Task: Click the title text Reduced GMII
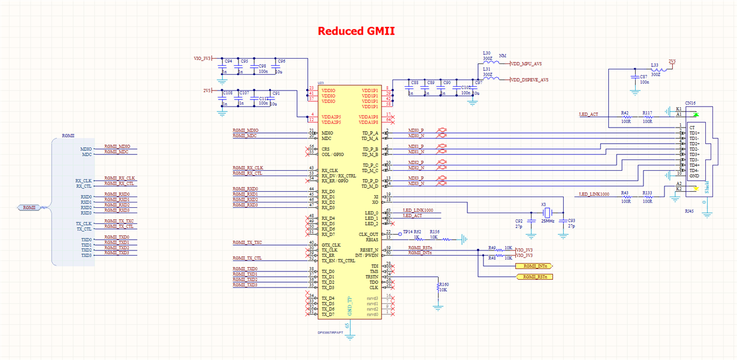(356, 31)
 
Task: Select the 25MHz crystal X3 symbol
(546, 213)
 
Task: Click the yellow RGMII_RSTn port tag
(534, 277)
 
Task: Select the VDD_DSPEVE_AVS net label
(530, 80)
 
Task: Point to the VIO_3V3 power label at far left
(202, 59)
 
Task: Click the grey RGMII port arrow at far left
(29, 208)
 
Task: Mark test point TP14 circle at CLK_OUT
(400, 234)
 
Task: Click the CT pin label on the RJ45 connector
(692, 128)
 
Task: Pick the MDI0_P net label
(416, 130)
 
